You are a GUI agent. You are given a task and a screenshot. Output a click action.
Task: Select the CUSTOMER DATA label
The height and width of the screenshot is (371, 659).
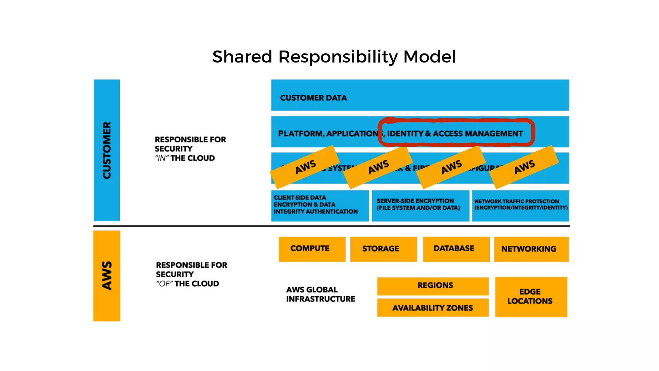pyautogui.click(x=313, y=98)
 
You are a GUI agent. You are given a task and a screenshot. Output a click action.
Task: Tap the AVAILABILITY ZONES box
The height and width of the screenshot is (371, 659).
pyautogui.click(x=432, y=308)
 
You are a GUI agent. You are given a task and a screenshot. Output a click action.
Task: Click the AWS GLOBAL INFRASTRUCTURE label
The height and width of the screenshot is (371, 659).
pyautogui.click(x=320, y=294)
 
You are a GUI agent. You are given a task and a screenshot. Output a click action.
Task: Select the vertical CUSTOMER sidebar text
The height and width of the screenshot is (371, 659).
pyautogui.click(x=107, y=150)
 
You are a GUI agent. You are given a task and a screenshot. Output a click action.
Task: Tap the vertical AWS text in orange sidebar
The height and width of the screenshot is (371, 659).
pyautogui.click(x=107, y=276)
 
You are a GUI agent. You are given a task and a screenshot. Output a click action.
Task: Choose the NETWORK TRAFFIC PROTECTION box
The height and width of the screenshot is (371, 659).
pyautogui.click(x=520, y=205)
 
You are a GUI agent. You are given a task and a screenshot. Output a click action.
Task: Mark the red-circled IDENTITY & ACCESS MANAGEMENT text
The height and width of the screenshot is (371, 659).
pyautogui.click(x=455, y=133)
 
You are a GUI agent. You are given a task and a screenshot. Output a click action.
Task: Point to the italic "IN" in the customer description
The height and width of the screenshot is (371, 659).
pyautogui.click(x=162, y=158)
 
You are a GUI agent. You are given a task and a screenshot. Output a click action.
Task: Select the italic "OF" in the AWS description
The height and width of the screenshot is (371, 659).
pyautogui.click(x=164, y=284)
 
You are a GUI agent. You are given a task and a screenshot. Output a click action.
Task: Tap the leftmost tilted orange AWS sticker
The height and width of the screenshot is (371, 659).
pyautogui.click(x=305, y=167)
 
